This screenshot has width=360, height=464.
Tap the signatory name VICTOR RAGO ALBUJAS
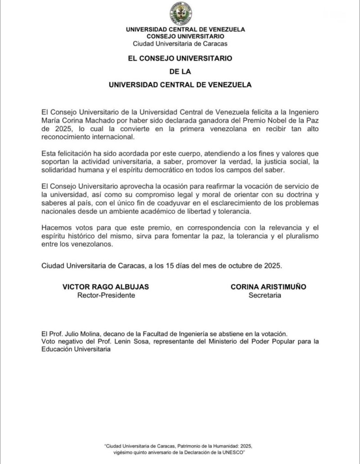pos(105,287)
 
